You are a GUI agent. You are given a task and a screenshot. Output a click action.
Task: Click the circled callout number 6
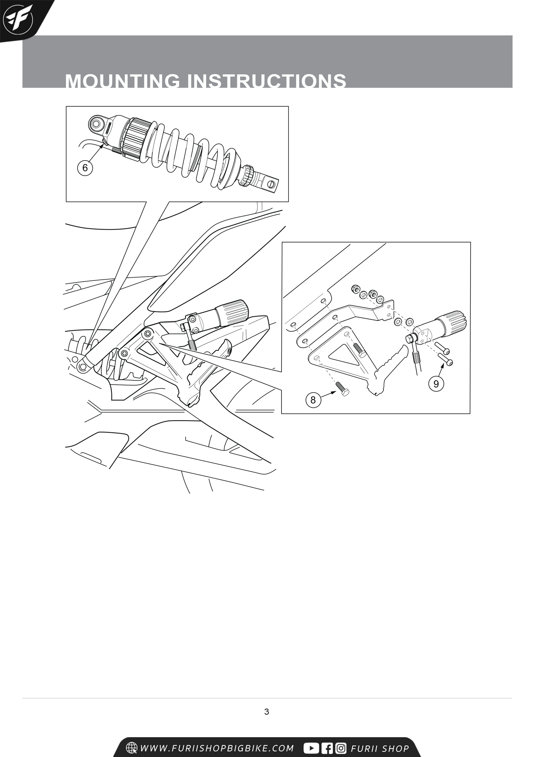pyautogui.click(x=85, y=168)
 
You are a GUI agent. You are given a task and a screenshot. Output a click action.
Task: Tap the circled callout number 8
pyautogui.click(x=313, y=400)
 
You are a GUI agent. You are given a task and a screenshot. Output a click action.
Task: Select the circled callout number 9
pyautogui.click(x=436, y=384)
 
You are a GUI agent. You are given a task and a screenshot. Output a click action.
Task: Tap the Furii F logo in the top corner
pyautogui.click(x=18, y=19)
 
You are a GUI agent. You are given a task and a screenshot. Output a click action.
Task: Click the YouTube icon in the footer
pyautogui.click(x=311, y=748)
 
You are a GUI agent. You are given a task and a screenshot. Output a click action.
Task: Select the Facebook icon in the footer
pyautogui.click(x=327, y=748)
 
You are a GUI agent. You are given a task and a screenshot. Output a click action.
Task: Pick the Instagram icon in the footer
pyautogui.click(x=341, y=748)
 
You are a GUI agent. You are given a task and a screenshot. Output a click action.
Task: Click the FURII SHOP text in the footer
pyautogui.click(x=380, y=748)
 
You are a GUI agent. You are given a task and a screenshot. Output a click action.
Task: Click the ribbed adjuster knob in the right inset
pyautogui.click(x=452, y=322)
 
